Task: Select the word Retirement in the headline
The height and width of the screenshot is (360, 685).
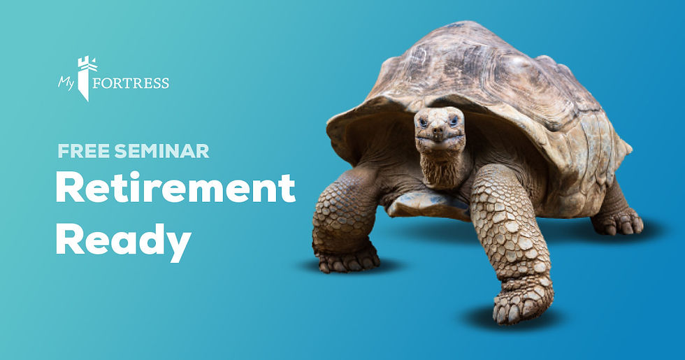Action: coord(175,187)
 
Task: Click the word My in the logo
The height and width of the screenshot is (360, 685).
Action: coord(66,82)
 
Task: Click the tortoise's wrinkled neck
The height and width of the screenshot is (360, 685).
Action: coord(440,168)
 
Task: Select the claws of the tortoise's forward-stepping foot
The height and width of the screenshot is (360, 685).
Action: coord(517,310)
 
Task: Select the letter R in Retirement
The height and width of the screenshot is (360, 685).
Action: coord(68,187)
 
